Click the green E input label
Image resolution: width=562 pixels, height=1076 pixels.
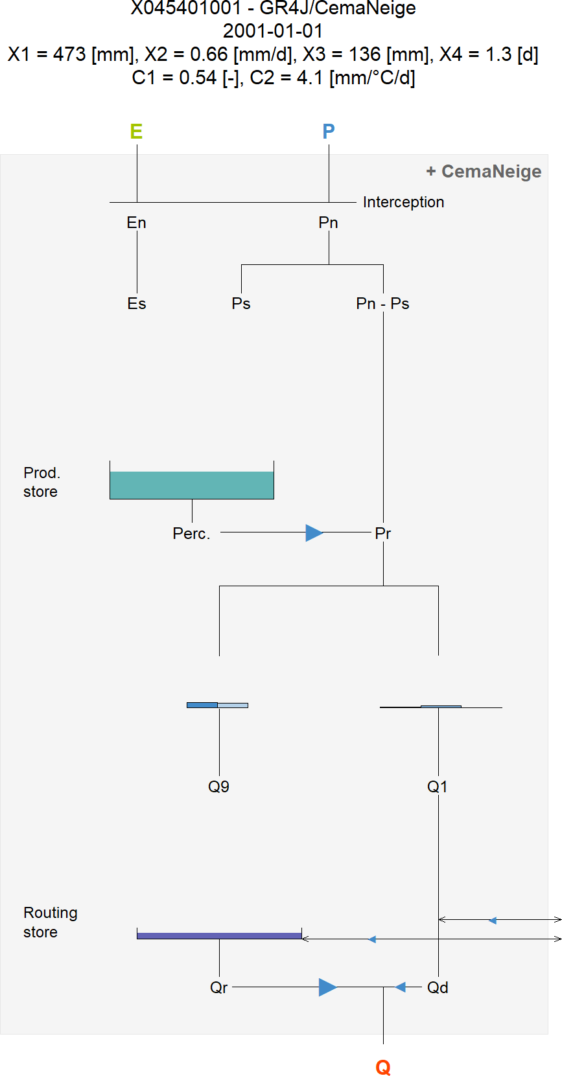click(136, 132)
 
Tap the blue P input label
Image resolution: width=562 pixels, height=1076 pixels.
click(329, 132)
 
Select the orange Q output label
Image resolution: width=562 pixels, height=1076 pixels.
click(383, 1067)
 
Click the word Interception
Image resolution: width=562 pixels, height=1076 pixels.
click(403, 202)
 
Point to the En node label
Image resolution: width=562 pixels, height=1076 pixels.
click(137, 223)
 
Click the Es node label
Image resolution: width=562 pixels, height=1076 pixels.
click(137, 304)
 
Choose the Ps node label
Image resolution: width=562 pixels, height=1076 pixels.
click(241, 304)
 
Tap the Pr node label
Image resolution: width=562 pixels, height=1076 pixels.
click(383, 533)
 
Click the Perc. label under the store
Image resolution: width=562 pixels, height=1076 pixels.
click(191, 533)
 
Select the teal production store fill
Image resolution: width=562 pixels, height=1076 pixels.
click(192, 485)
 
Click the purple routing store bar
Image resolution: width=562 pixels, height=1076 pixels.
click(219, 935)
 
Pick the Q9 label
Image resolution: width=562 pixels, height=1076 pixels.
click(218, 786)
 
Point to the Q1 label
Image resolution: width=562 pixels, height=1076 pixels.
click(438, 786)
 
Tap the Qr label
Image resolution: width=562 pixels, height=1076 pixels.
click(218, 987)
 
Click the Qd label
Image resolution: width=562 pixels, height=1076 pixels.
click(438, 987)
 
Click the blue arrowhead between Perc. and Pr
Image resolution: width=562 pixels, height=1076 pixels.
click(314, 533)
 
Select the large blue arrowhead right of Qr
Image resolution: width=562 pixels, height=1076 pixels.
click(327, 987)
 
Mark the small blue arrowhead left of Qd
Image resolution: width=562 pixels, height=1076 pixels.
click(401, 987)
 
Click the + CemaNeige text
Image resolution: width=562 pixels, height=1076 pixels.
click(484, 172)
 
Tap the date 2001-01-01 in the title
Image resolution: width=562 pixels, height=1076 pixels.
click(273, 31)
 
